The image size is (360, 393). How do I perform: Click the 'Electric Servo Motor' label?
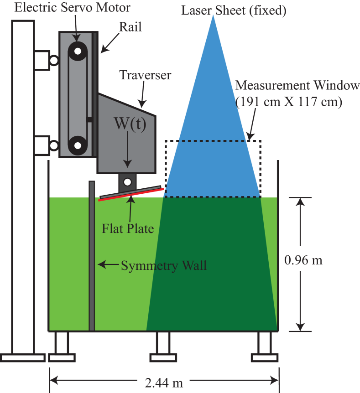tap(72, 8)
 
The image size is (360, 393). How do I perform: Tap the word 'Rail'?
tap(130, 26)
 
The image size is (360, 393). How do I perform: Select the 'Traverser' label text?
tap(145, 75)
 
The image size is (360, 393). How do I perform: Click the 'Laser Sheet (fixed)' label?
tap(234, 10)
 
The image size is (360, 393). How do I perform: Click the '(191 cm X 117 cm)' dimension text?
tap(288, 102)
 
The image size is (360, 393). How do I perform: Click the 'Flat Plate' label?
tap(128, 228)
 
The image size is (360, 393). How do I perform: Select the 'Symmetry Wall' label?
tap(163, 265)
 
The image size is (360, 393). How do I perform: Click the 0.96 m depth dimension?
tap(303, 260)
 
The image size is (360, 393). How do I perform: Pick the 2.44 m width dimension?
tap(164, 383)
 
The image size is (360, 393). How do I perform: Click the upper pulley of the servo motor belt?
tap(78, 51)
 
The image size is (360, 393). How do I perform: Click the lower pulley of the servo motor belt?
tap(78, 146)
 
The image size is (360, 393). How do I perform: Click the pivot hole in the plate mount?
tap(128, 182)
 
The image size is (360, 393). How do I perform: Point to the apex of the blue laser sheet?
tap(213, 16)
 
